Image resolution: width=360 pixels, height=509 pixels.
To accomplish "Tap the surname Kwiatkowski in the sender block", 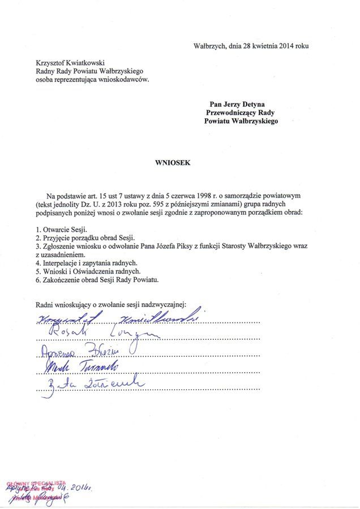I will pyautogui.click(x=84, y=63).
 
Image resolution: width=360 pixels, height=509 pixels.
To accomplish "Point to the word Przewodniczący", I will pyautogui.click(x=231, y=113).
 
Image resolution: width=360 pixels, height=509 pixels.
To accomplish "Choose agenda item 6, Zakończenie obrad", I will pyautogui.click(x=97, y=279).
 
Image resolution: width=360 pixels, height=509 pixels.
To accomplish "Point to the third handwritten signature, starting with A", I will pyautogui.click(x=79, y=350).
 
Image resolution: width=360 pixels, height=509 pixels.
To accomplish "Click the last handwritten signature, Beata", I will pyautogui.click(x=91, y=386).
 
